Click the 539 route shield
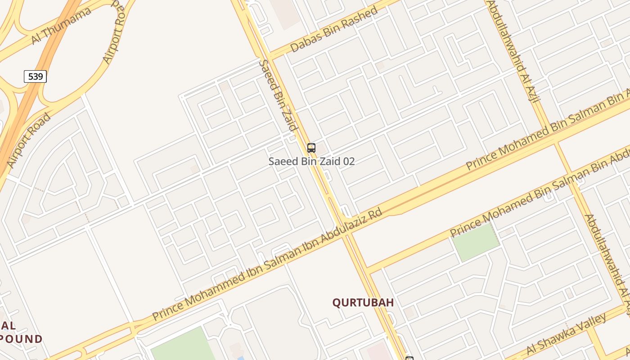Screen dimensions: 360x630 [35, 76]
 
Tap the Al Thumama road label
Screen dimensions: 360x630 [61, 26]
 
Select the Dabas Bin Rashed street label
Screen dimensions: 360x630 [334, 29]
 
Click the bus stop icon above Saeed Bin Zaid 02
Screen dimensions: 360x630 [311, 148]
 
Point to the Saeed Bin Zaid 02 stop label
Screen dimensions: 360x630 [311, 161]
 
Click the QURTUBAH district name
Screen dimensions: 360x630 [363, 303]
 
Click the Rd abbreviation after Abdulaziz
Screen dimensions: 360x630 [375, 213]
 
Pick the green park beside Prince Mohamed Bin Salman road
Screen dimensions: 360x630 [476, 242]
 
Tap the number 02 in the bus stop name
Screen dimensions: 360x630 [349, 161]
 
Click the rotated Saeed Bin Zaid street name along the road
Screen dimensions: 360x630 [278, 95]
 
